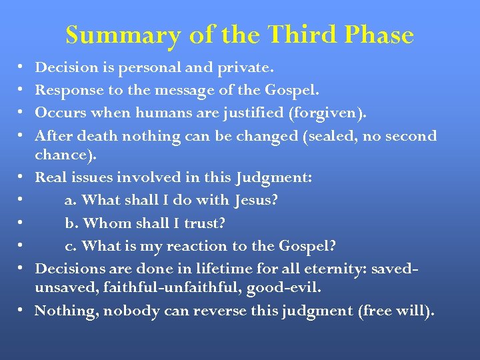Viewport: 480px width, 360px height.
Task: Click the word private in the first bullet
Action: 245,67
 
